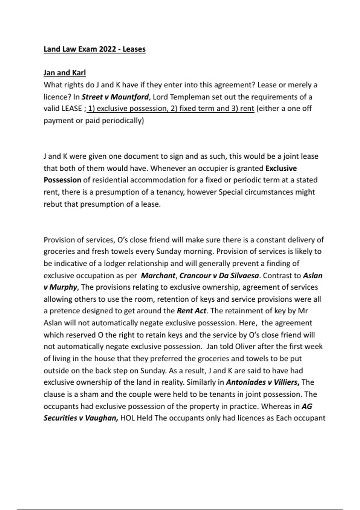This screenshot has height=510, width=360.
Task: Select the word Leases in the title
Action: (134, 49)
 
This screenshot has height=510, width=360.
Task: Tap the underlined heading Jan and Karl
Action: (64, 73)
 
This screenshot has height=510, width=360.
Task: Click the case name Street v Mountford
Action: (115, 97)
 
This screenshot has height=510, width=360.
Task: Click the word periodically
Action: (123, 121)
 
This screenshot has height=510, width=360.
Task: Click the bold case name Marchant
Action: (158, 275)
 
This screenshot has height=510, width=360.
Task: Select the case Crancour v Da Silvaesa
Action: (219, 275)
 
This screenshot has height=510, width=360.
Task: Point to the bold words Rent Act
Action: (191, 311)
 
